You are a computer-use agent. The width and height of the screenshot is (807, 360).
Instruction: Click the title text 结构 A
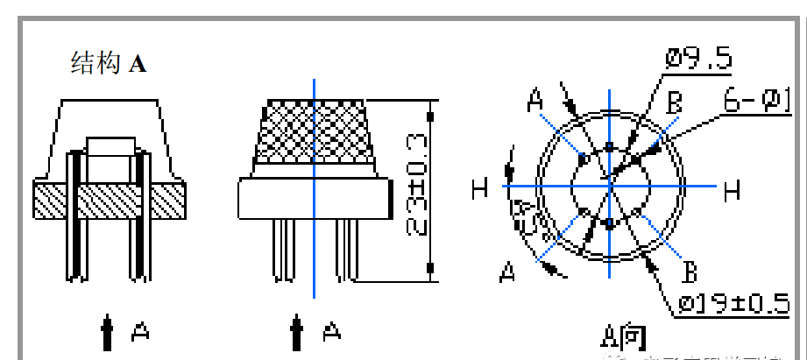109,63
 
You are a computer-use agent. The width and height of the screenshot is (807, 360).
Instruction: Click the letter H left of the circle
479,187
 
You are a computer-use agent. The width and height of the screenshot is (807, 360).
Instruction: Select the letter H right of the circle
732,188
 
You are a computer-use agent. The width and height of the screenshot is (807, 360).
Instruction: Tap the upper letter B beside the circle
674,103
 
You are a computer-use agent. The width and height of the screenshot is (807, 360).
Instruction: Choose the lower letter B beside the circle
690,272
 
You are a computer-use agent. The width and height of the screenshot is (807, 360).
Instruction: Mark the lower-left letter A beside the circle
507,273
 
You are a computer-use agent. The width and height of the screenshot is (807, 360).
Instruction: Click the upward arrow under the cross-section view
107,333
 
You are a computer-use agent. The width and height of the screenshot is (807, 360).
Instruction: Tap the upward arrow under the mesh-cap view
299,333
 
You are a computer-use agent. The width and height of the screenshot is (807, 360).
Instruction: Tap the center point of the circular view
609,186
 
